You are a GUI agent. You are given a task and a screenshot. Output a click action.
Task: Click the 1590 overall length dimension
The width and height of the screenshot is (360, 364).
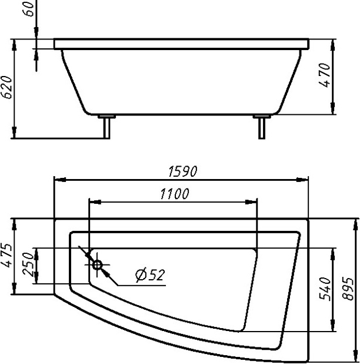183,171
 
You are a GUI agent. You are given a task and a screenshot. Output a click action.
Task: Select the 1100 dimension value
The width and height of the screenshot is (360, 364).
175,194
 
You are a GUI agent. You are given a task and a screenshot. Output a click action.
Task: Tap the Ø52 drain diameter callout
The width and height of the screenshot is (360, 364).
150,275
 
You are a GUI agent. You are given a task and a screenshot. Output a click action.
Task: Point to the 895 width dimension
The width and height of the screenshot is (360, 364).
348,289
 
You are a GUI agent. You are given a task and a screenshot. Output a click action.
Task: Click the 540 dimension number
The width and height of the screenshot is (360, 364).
325,289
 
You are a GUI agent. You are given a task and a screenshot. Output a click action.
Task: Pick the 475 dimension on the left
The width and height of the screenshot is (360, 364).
6,256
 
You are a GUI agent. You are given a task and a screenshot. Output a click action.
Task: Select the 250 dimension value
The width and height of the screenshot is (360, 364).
29,264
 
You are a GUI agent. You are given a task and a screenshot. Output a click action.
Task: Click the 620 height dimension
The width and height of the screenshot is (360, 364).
6,87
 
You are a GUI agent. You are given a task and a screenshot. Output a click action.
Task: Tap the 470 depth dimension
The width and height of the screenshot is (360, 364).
325,75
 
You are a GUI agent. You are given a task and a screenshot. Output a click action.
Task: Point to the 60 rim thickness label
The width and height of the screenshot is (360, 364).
29,9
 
